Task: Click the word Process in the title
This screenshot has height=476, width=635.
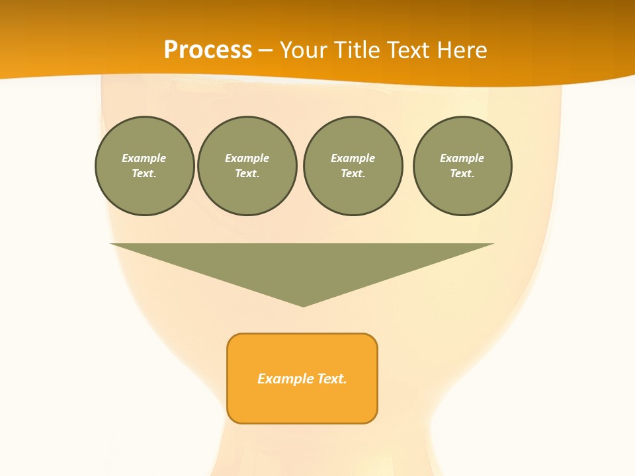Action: tap(208, 50)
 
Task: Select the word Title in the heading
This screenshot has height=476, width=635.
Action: tap(359, 50)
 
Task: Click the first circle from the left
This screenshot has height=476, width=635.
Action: tap(144, 166)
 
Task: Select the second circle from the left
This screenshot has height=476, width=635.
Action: tap(247, 166)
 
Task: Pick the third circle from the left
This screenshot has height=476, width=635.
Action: tap(353, 166)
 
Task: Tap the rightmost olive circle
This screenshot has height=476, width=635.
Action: tap(462, 166)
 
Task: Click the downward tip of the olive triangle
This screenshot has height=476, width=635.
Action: tap(303, 305)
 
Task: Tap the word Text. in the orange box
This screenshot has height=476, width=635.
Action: tap(333, 379)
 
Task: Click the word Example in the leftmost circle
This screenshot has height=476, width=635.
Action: tap(144, 158)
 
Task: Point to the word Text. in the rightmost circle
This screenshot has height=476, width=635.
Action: tap(462, 174)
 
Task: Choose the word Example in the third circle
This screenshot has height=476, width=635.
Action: tap(353, 158)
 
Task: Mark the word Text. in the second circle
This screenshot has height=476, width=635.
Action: tap(247, 174)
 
